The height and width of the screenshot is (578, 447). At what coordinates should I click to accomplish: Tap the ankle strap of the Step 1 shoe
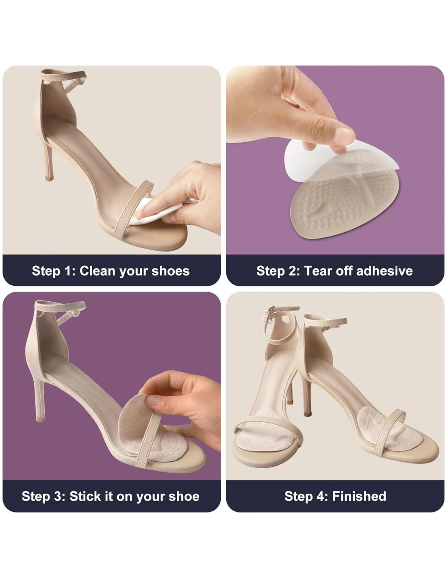63,76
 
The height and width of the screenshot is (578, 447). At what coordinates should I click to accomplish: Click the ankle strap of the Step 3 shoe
60,307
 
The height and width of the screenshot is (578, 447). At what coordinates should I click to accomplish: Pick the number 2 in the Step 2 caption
295,271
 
